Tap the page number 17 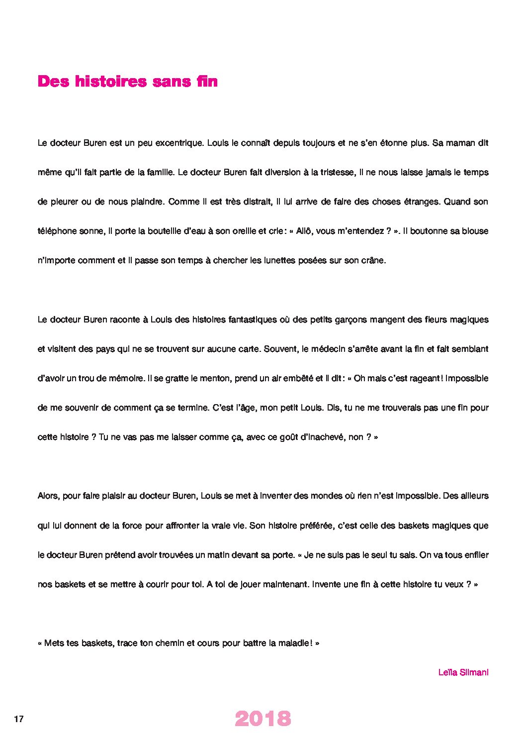[x=19, y=719]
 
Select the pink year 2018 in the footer [x=263, y=719]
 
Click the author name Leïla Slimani [x=463, y=672]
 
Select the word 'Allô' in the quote [x=304, y=231]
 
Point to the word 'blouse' [x=474, y=231]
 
